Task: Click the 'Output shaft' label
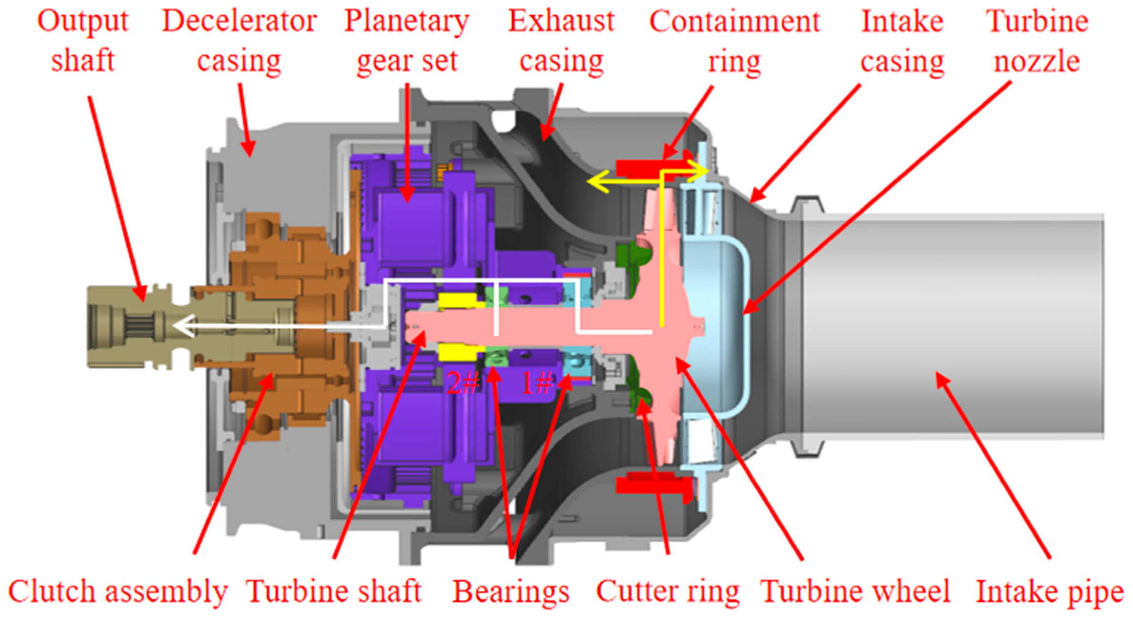83,41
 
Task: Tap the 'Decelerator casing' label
239,41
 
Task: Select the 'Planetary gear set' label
406,41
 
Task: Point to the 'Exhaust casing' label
561,41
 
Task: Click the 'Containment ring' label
734,41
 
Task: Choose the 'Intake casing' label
902,41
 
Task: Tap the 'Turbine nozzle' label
1037,41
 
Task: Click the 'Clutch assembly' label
118,591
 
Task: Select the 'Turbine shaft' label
334,591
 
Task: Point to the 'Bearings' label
511,591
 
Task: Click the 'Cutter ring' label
667,591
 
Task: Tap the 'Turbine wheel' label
855,591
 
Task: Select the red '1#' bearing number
537,382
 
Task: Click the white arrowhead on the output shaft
183,327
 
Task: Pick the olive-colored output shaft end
124,327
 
